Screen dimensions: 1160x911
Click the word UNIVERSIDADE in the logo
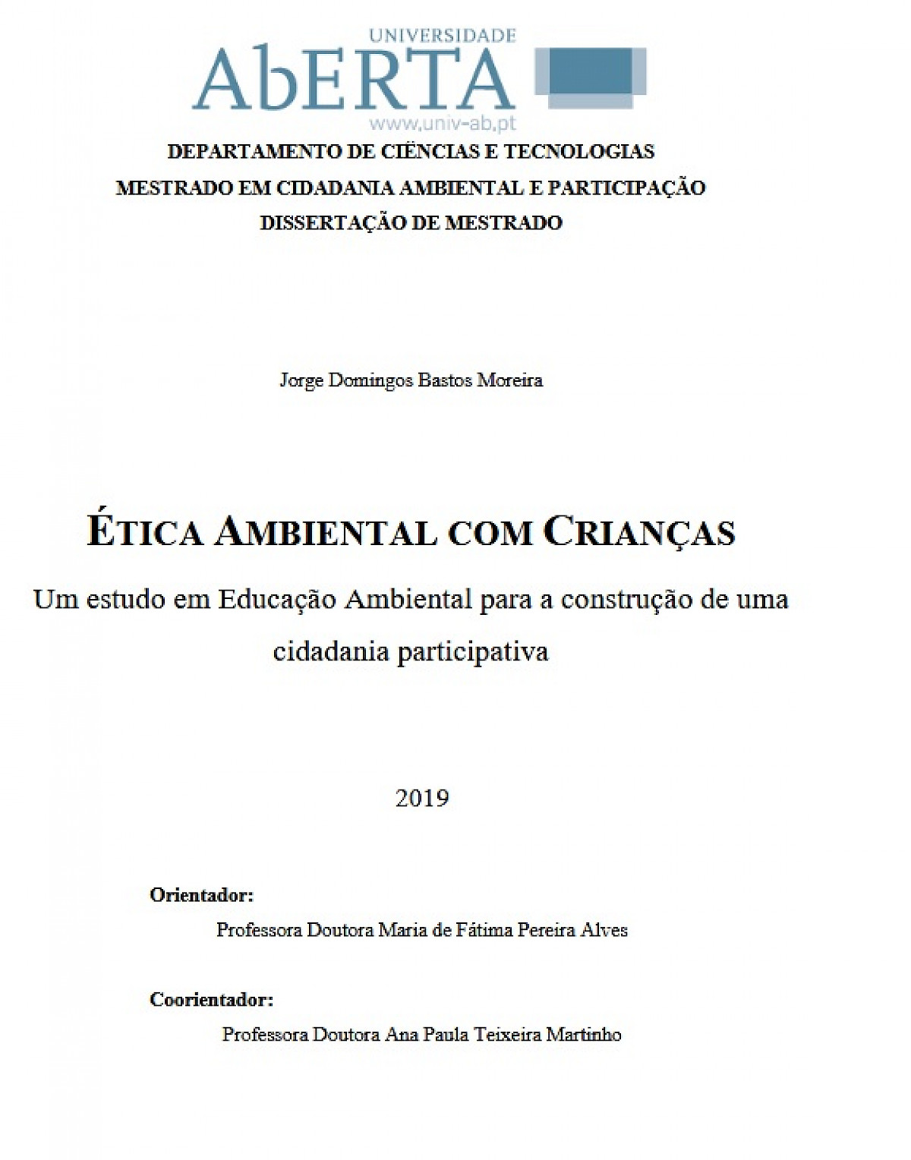pyautogui.click(x=442, y=35)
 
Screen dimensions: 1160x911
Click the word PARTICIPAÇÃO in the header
pyautogui.click(x=626, y=188)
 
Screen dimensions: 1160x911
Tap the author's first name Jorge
pyautogui.click(x=301, y=380)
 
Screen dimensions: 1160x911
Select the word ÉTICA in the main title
pyautogui.click(x=146, y=531)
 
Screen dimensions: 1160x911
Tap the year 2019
pyautogui.click(x=422, y=798)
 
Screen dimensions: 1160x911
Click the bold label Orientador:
pyautogui.click(x=201, y=895)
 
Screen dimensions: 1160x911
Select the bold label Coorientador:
pyautogui.click(x=211, y=1000)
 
